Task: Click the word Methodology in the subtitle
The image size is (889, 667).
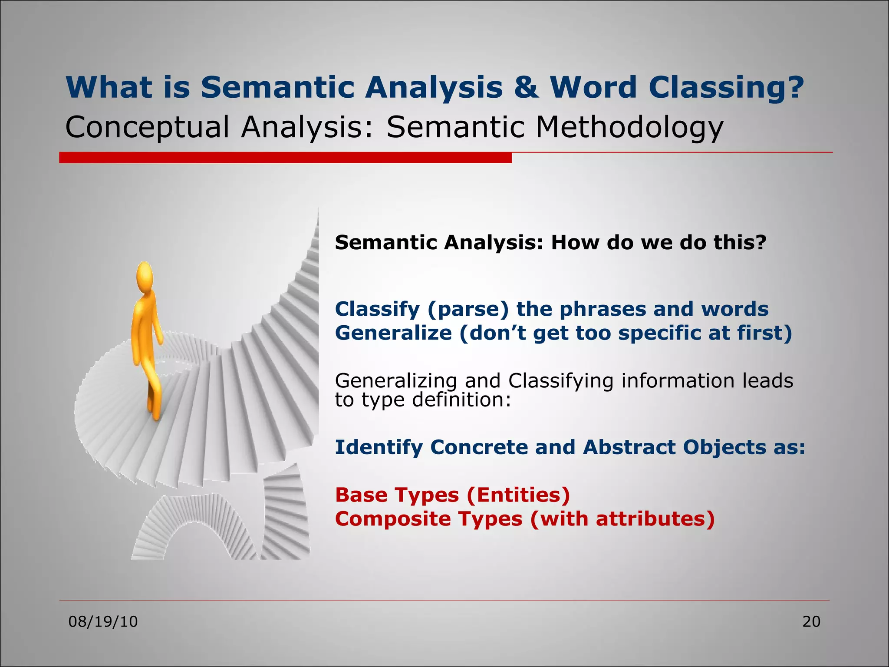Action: pyautogui.click(x=629, y=128)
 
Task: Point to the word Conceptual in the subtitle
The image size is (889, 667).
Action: pyautogui.click(x=147, y=128)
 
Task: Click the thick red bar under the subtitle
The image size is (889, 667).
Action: pyautogui.click(x=285, y=158)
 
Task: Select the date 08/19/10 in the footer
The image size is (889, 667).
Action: pyautogui.click(x=103, y=622)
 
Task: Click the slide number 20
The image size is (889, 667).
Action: pyautogui.click(x=811, y=622)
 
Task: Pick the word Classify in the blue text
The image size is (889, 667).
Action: pyautogui.click(x=377, y=310)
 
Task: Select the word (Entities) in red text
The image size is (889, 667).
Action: pyautogui.click(x=518, y=495)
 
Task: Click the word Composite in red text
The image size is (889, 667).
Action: pyautogui.click(x=385, y=519)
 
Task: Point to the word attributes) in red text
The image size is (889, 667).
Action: pyautogui.click(x=655, y=519)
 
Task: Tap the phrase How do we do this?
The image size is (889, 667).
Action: pyautogui.click(x=659, y=242)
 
